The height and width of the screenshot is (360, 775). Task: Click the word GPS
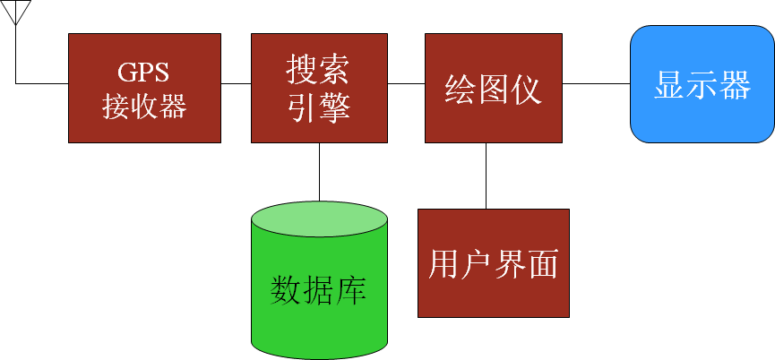click(x=144, y=72)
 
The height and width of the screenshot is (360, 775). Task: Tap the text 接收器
click(x=144, y=107)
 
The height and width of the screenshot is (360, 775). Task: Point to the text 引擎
click(x=319, y=107)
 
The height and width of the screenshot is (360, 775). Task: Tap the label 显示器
click(x=702, y=86)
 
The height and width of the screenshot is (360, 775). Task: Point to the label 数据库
click(x=320, y=291)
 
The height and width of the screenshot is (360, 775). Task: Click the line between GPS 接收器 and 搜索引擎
click(x=236, y=83)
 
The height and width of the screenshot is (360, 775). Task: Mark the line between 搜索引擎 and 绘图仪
click(x=406, y=83)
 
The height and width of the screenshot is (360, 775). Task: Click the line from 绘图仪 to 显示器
click(x=596, y=83)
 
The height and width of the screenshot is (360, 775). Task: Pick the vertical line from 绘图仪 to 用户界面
click(x=487, y=176)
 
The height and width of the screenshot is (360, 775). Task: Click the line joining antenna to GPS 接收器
click(x=40, y=83)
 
